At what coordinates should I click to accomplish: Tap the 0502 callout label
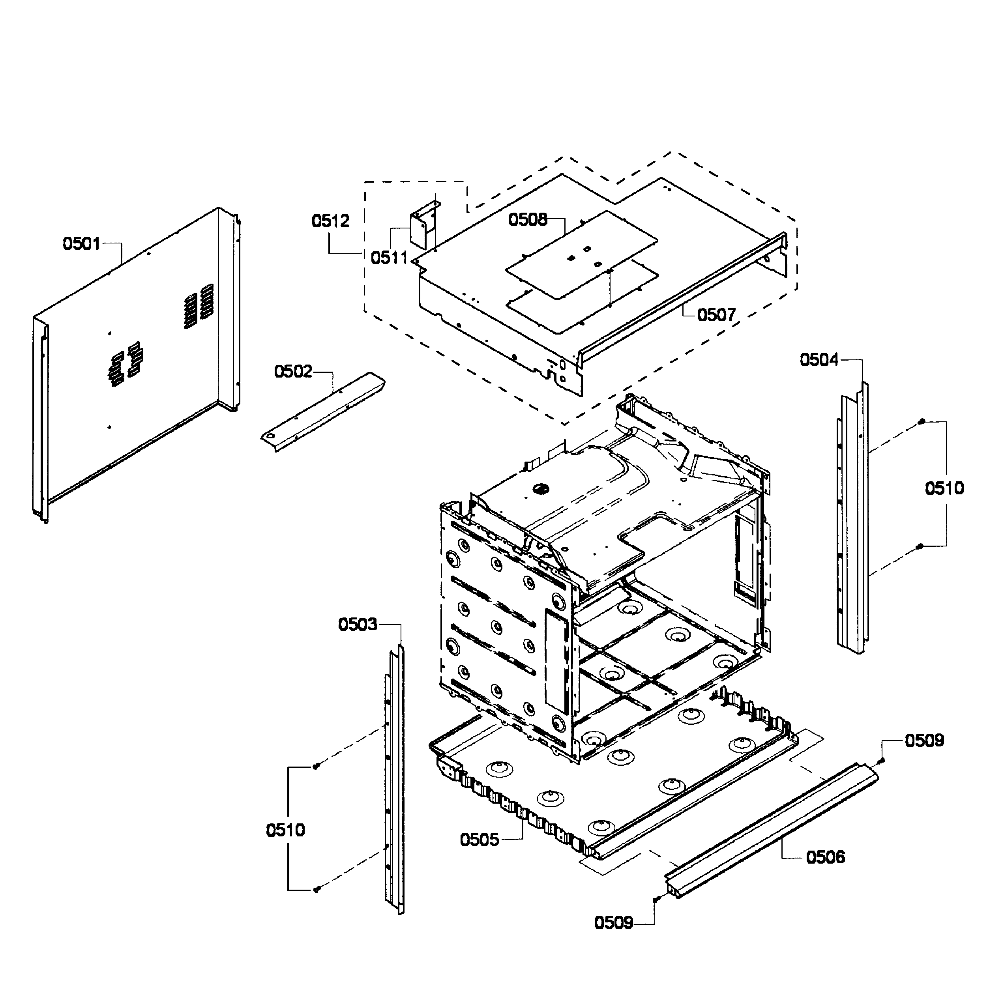[293, 372]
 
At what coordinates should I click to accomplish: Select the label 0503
[358, 624]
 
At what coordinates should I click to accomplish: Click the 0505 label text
[479, 840]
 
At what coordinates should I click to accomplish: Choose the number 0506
[825, 857]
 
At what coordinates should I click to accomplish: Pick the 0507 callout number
[717, 314]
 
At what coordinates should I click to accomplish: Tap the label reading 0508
[528, 220]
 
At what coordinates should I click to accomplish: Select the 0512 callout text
[330, 221]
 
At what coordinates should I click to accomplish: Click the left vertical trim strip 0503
[395, 779]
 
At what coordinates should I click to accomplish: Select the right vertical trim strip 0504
[853, 520]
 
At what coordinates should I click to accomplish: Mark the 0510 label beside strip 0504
[944, 488]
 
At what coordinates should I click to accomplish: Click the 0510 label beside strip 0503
[285, 830]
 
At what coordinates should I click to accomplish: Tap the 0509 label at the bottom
[614, 923]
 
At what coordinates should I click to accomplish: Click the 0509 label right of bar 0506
[924, 741]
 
